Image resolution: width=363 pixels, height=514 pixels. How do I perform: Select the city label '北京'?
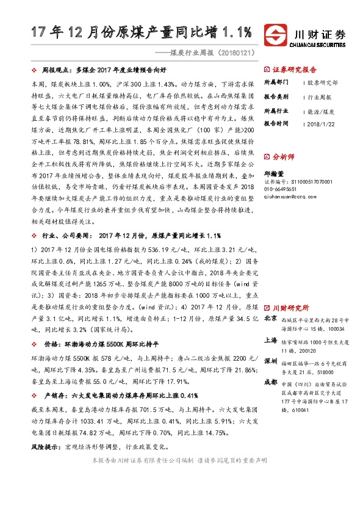(x=270, y=318)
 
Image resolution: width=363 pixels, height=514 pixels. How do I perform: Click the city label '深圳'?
(x=270, y=361)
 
